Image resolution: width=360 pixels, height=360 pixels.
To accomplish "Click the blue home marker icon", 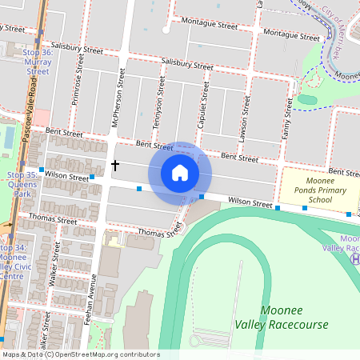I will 180,173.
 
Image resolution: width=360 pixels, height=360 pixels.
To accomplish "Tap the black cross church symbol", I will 115,166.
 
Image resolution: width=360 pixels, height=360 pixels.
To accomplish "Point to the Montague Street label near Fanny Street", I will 291,34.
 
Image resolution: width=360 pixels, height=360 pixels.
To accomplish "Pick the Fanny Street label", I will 286,118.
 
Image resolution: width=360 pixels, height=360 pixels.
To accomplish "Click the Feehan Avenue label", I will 94,304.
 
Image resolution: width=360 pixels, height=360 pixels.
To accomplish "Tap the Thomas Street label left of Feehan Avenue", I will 52,218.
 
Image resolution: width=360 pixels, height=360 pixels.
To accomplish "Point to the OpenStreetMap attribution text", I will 80,354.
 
